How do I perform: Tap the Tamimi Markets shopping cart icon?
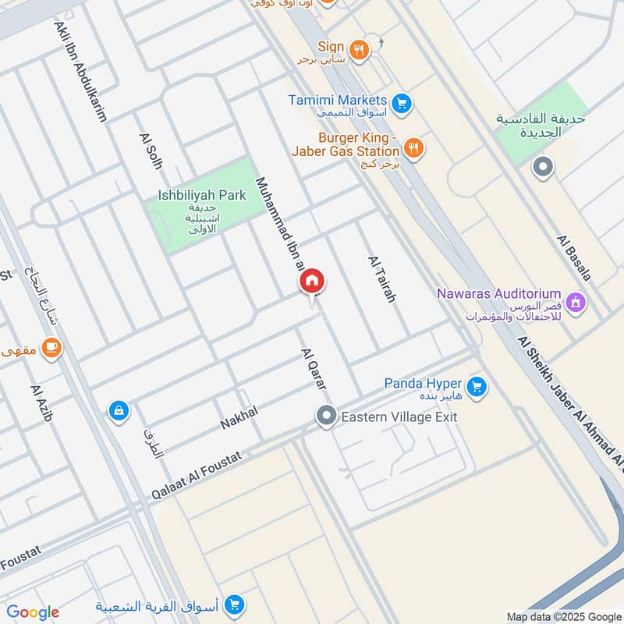[401, 103]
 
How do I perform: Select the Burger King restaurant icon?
[414, 147]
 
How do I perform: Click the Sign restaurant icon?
[359, 50]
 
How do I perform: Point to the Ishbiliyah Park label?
[201, 196]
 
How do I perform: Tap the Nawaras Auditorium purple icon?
[576, 301]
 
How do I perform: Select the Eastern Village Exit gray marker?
[326, 417]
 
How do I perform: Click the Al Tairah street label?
[382, 278]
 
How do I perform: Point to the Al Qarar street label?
[314, 369]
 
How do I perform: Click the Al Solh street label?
[150, 151]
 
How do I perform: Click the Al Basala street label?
[574, 257]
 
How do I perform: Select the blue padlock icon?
[119, 409]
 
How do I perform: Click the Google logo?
[33, 612]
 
